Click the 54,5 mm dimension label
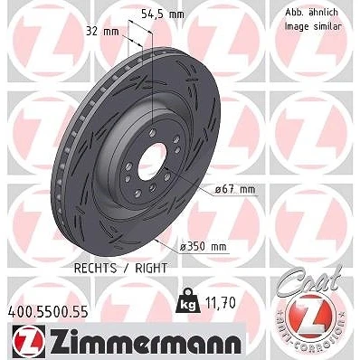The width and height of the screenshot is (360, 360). tap(163, 14)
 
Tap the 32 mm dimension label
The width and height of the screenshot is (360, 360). tap(102, 31)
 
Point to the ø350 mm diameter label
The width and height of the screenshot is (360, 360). tap(203, 246)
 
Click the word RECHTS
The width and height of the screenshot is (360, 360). tap(95, 268)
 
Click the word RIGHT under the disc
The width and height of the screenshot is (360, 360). tap(151, 268)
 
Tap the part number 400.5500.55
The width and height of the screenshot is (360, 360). tap(47, 311)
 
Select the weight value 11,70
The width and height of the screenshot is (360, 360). tap(220, 303)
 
